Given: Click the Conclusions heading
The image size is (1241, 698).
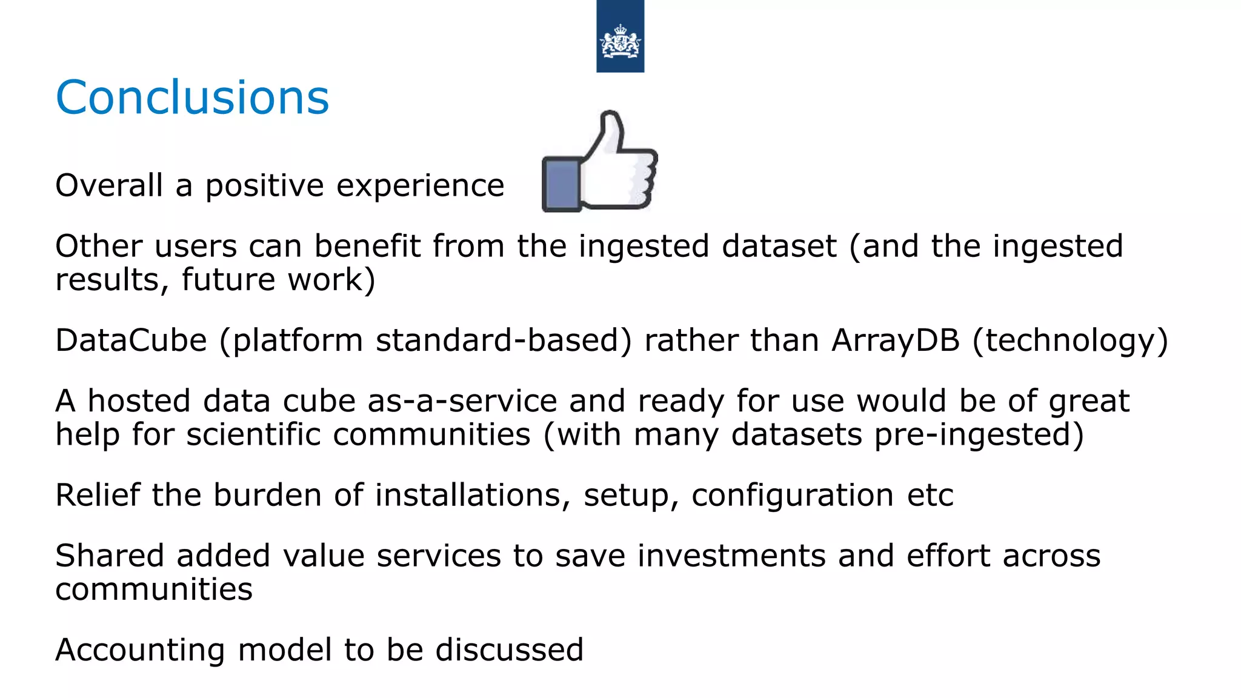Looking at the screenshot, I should click(x=192, y=98).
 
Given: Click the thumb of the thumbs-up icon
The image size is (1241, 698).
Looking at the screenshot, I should click(x=610, y=130).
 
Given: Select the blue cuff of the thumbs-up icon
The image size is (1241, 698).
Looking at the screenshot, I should click(x=561, y=185).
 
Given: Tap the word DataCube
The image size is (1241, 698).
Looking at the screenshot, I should click(x=131, y=341).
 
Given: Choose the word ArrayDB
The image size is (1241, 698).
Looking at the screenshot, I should click(x=896, y=341).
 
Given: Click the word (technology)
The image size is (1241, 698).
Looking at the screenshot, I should click(x=1070, y=341).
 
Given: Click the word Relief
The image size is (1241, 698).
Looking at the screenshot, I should click(x=98, y=495).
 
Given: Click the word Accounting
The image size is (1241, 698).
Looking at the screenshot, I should click(x=140, y=651).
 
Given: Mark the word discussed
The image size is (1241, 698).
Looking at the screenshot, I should click(x=510, y=650).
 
